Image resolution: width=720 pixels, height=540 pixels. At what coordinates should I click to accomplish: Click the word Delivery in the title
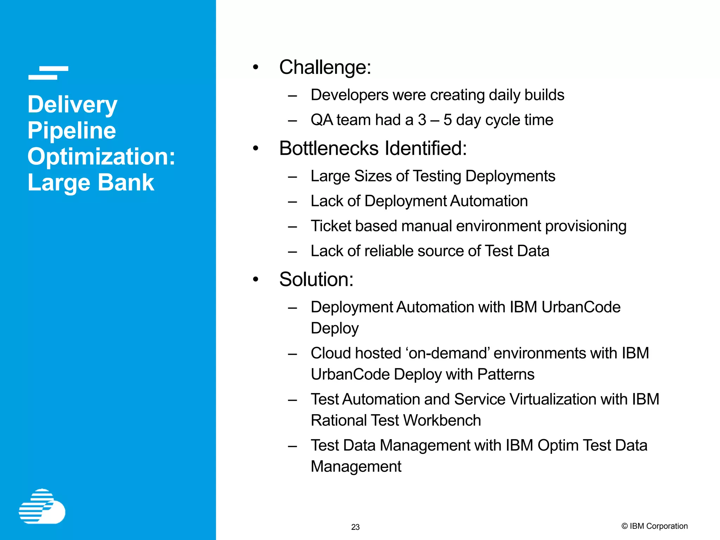coord(72,105)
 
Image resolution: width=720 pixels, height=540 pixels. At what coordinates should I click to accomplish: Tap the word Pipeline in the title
coord(72,131)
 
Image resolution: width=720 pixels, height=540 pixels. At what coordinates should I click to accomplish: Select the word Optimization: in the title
coord(101,157)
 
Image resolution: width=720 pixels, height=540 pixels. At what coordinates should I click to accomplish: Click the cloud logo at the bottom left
coord(42,507)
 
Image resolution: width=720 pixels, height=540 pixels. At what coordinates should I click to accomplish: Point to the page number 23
coord(355,527)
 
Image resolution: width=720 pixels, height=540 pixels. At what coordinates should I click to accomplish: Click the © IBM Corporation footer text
coord(654,526)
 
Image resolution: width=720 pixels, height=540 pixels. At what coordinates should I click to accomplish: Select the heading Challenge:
coord(325,67)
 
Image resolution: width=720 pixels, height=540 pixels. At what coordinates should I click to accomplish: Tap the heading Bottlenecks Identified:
coord(373,148)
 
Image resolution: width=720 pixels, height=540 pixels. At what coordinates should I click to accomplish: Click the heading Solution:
coord(316,279)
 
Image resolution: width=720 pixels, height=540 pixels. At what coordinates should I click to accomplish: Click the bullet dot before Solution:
coord(256,280)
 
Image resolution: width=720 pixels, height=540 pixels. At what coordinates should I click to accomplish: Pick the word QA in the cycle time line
coord(322,120)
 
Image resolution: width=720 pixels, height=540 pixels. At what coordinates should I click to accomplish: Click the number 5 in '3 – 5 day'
coord(447,120)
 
